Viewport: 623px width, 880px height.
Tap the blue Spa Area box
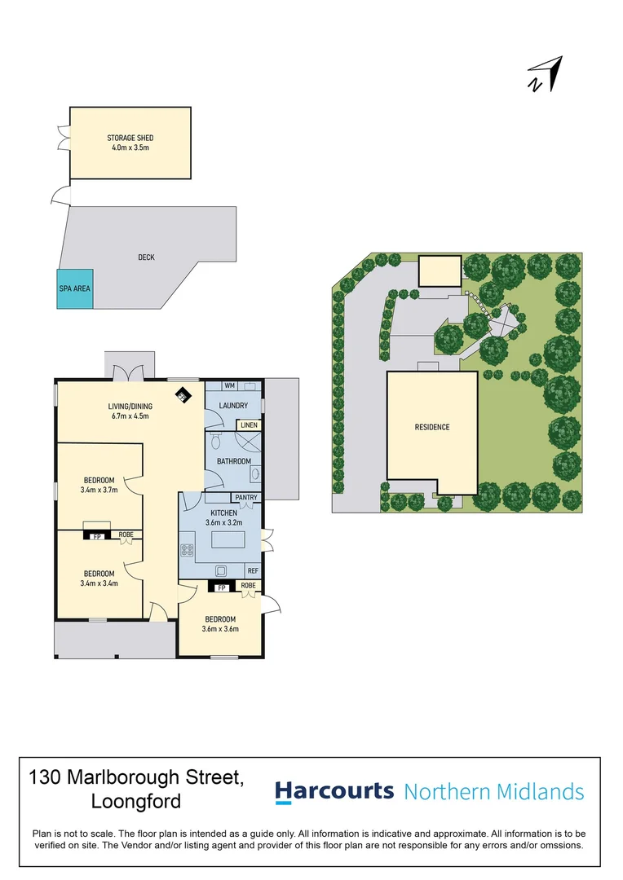pos(75,288)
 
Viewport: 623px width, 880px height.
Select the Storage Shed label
pos(130,138)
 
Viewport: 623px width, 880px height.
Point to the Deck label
pos(146,257)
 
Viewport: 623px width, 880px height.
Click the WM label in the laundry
pos(229,385)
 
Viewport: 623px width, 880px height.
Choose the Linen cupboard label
pos(249,425)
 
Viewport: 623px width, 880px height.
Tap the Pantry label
pos(246,497)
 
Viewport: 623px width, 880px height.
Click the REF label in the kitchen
pos(253,570)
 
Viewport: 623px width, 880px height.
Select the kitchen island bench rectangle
pos(228,540)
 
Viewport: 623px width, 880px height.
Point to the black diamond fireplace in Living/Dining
pos(183,395)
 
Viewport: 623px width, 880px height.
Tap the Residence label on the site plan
pos(432,427)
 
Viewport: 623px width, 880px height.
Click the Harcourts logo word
pos(334,791)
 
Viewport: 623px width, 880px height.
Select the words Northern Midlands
pos(494,792)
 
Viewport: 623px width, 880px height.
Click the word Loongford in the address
pos(136,801)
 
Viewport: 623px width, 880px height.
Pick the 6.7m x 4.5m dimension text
pos(130,416)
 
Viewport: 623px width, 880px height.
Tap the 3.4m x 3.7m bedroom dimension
pos(99,490)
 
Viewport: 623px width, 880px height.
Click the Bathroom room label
pos(234,461)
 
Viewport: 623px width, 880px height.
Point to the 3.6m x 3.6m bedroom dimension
pos(220,629)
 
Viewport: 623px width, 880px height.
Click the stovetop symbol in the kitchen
pos(187,550)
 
